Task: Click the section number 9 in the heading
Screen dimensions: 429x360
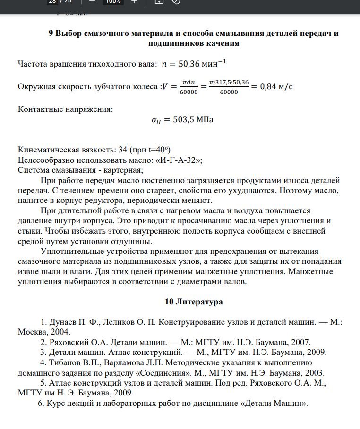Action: [x=51, y=34]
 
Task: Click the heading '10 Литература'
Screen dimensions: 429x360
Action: [x=194, y=302]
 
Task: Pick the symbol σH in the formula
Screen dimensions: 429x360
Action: [x=156, y=120]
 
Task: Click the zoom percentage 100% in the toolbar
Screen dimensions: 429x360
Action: [x=113, y=1]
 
